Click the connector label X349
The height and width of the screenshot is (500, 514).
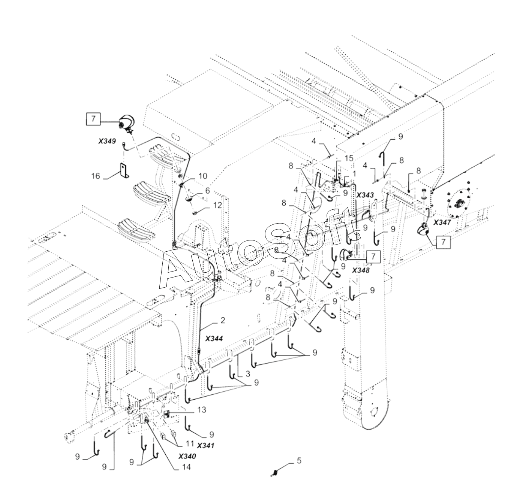(x=107, y=141)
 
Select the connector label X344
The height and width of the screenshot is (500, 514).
(x=214, y=339)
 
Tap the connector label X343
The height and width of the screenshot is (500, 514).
(x=365, y=195)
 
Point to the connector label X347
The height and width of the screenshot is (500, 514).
(x=442, y=222)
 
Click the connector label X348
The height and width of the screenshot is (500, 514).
(x=361, y=270)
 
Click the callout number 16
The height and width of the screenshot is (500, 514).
(x=96, y=176)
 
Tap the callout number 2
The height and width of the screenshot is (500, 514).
(x=223, y=320)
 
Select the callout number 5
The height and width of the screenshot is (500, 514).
(x=299, y=461)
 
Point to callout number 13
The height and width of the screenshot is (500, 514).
(x=202, y=410)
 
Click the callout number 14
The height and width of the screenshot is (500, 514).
(x=186, y=475)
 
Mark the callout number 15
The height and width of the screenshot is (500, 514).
(x=349, y=158)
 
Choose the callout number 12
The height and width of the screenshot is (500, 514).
(x=217, y=205)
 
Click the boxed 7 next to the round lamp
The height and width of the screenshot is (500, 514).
(x=93, y=118)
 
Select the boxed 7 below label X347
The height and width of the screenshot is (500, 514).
(x=443, y=241)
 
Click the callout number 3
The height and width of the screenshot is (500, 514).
(x=247, y=374)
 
